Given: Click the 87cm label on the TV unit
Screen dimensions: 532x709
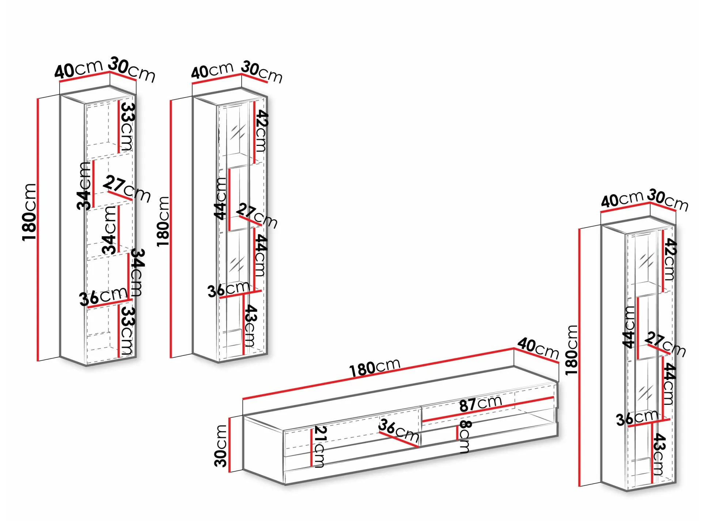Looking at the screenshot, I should pyautogui.click(x=480, y=403).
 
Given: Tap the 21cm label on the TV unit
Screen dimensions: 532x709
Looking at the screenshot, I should pyautogui.click(x=320, y=446).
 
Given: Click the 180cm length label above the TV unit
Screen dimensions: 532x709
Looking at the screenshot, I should pyautogui.click(x=375, y=367).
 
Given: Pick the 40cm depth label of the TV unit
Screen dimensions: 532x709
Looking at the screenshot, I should pyautogui.click(x=538, y=348).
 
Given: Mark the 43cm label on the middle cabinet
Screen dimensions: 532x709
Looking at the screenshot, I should pyautogui.click(x=250, y=325).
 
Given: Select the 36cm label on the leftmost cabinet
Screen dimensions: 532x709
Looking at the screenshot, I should pyautogui.click(x=103, y=296).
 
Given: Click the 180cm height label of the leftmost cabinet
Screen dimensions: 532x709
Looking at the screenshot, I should pyautogui.click(x=29, y=212).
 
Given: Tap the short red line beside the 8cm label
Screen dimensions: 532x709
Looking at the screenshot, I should pyautogui.click(x=457, y=433).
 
